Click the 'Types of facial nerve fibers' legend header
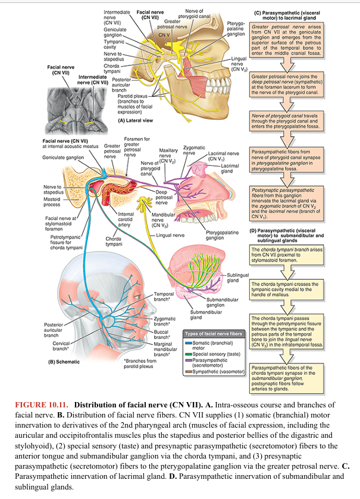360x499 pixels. (x=214, y=334)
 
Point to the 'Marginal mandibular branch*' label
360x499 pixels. (x=166, y=349)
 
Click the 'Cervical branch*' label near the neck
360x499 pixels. (x=62, y=345)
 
